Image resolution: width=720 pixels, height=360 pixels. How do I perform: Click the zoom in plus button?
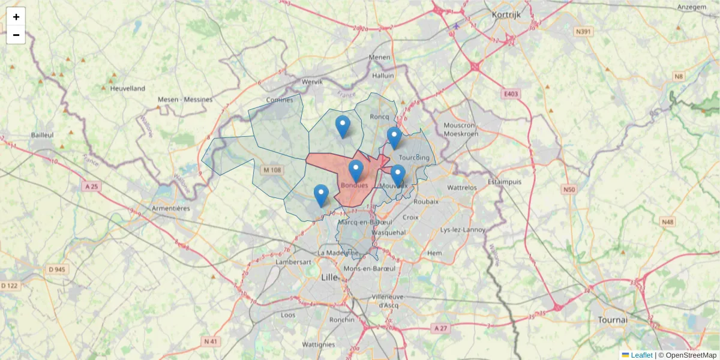click(x=16, y=17)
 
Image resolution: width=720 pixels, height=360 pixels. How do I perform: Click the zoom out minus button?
click(x=16, y=35)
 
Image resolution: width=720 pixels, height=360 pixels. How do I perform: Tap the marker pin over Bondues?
click(x=356, y=171)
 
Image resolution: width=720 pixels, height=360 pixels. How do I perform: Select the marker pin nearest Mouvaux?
click(x=398, y=175)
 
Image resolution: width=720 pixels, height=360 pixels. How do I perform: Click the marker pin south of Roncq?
click(x=343, y=126)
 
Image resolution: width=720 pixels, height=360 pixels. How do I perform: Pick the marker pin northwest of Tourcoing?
click(x=394, y=137)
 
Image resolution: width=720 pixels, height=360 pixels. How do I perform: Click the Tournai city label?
click(x=612, y=320)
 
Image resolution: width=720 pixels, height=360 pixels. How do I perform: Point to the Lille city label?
click(x=329, y=277)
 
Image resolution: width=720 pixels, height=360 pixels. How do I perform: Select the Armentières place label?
click(x=171, y=208)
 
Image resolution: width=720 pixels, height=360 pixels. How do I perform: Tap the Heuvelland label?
click(x=127, y=88)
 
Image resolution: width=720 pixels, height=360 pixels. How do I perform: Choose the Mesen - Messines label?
click(x=185, y=99)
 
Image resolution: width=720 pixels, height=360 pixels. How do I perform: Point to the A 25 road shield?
click(x=92, y=187)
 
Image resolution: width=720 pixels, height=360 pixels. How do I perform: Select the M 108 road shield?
click(x=272, y=170)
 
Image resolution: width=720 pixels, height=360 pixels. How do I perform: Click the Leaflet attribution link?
click(x=641, y=355)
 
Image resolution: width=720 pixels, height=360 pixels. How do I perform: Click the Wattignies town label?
click(x=319, y=344)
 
